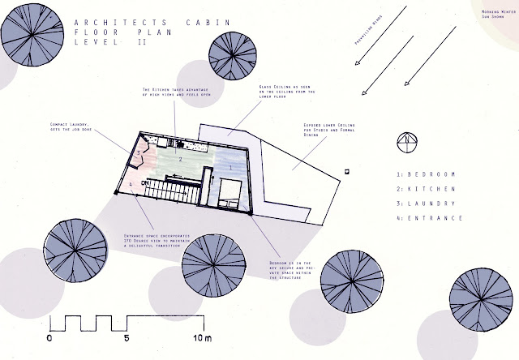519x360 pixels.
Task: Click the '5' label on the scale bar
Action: click(126, 336)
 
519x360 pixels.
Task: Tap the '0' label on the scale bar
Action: click(50, 336)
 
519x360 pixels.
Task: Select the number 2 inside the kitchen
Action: click(181, 160)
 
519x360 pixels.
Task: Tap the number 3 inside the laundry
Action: click(139, 152)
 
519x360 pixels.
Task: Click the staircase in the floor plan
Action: click(174, 192)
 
